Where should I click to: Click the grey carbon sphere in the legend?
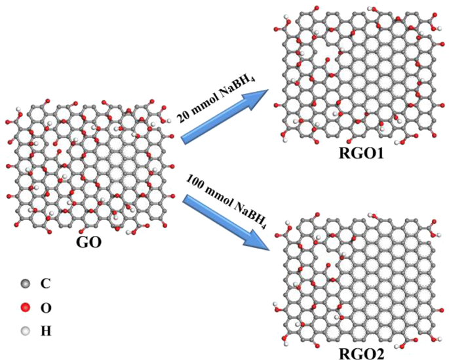click(x=25, y=284)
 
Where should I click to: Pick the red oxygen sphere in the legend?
click(x=25, y=308)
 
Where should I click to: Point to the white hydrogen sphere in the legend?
click(x=25, y=331)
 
